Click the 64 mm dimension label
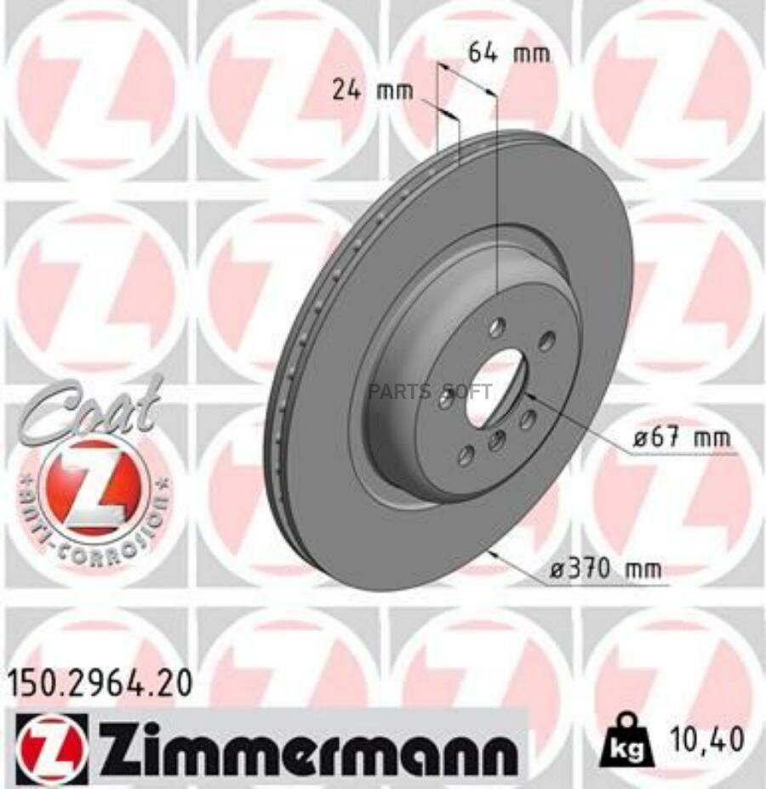[x=509, y=53]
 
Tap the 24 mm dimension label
[x=371, y=89]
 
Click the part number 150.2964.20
[x=100, y=682]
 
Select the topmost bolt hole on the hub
[x=496, y=327]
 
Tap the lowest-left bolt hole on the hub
[x=465, y=456]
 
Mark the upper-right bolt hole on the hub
[x=546, y=342]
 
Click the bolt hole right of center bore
[x=528, y=418]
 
